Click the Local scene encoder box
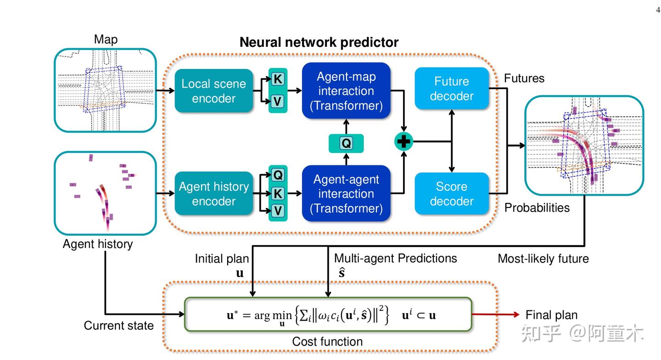(x=213, y=91)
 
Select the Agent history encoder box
(x=213, y=193)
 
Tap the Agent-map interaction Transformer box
(x=346, y=91)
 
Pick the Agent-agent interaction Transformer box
(x=346, y=193)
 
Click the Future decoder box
(x=451, y=89)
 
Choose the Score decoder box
(x=451, y=193)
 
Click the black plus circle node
(x=403, y=142)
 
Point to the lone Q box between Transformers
(x=346, y=143)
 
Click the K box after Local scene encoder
(x=278, y=79)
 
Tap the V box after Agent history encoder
(x=278, y=211)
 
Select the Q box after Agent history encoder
(x=278, y=175)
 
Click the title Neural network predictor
(x=319, y=43)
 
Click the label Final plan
(x=551, y=315)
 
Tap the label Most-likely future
(x=543, y=259)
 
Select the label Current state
(x=118, y=326)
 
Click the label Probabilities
(x=537, y=208)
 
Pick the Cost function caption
(x=327, y=342)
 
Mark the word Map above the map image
(x=106, y=39)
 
